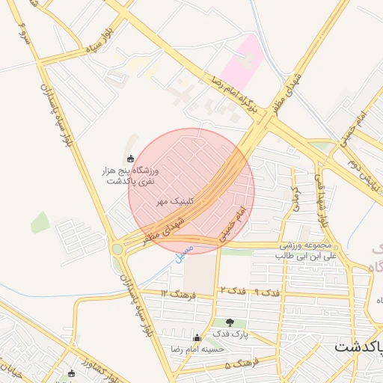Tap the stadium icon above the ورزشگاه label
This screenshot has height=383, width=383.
point(132,159)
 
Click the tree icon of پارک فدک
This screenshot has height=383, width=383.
point(230,322)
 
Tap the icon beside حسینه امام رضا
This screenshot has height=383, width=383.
point(197,338)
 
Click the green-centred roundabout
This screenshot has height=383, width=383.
point(117,249)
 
